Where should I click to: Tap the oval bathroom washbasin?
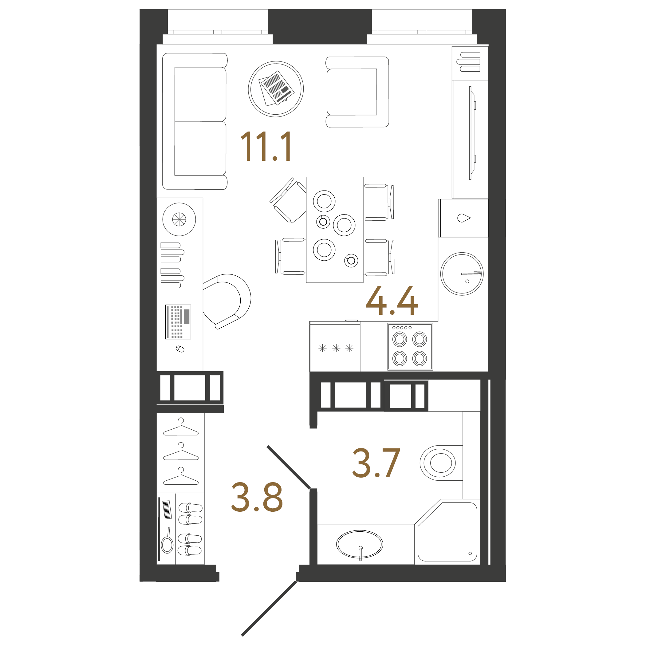point(360,544)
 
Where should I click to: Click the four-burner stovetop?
point(410,347)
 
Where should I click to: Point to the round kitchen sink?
point(462,274)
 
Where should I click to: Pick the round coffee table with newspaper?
point(276,89)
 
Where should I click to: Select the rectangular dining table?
point(335,230)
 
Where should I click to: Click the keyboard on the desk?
point(178,322)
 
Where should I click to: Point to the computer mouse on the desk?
point(180,349)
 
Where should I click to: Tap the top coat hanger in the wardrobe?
point(181,428)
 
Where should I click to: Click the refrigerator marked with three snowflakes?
point(335,348)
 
